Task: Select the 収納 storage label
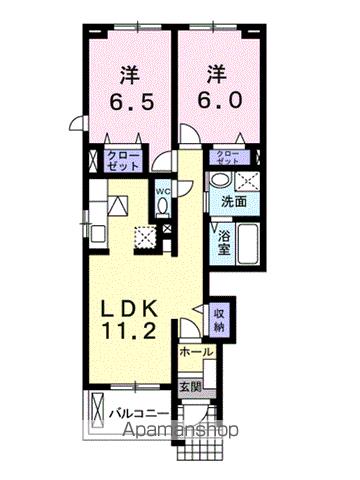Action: [220, 320]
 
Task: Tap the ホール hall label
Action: [195, 352]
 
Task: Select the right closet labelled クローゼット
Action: [229, 157]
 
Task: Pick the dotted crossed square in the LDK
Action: [146, 238]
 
